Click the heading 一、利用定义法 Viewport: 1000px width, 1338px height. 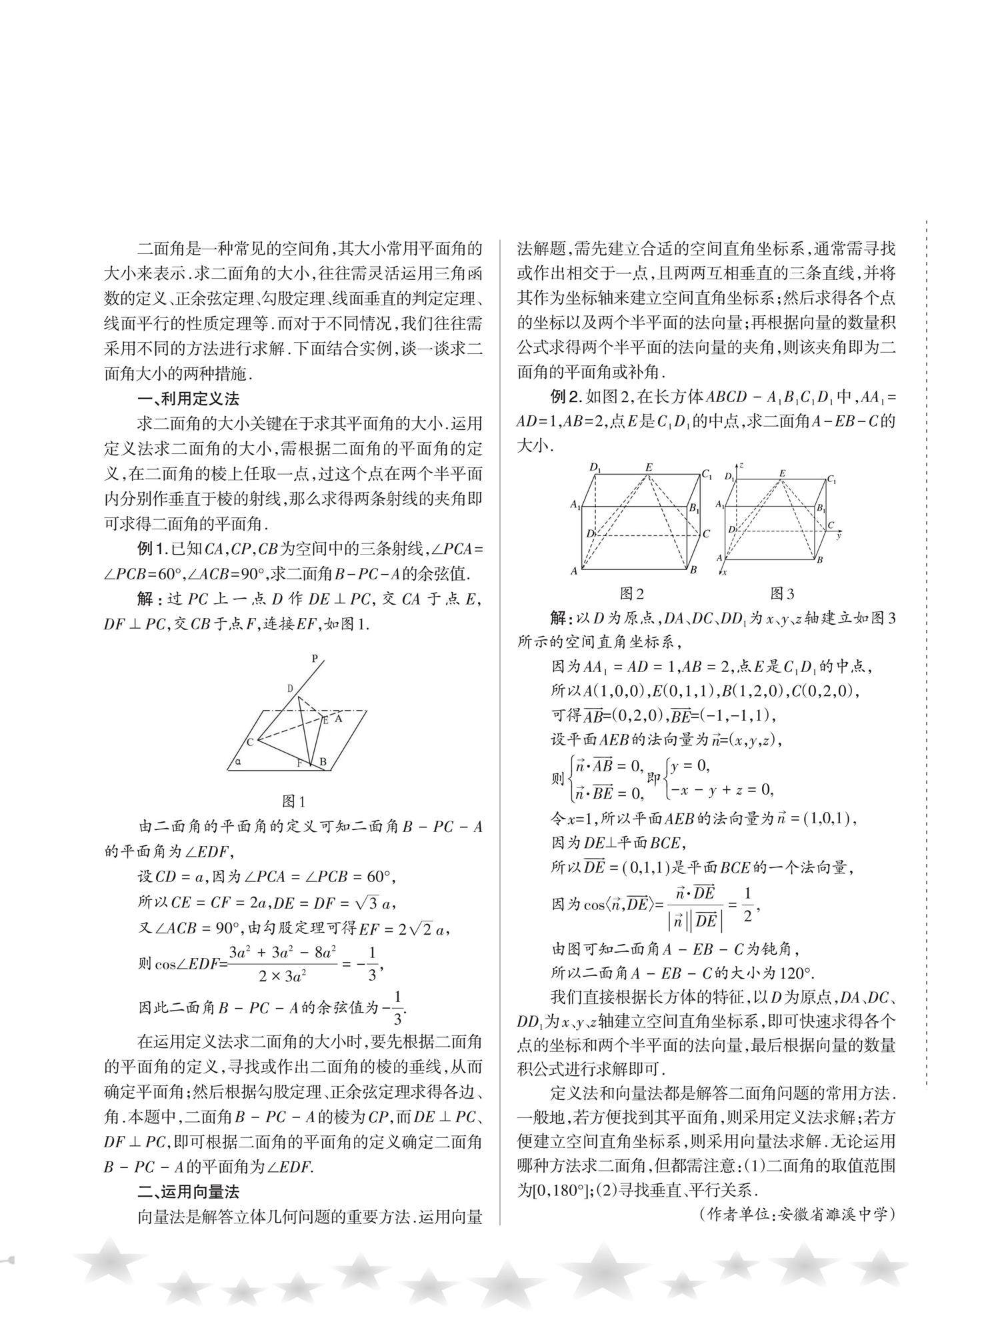click(x=188, y=399)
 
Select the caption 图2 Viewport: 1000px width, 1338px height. click(x=632, y=593)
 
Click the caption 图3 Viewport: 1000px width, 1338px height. click(x=782, y=593)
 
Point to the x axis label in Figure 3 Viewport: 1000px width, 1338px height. click(x=724, y=572)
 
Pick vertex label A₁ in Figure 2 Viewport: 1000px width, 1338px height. click(x=575, y=505)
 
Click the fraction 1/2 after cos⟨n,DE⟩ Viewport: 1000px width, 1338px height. click(x=747, y=905)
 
